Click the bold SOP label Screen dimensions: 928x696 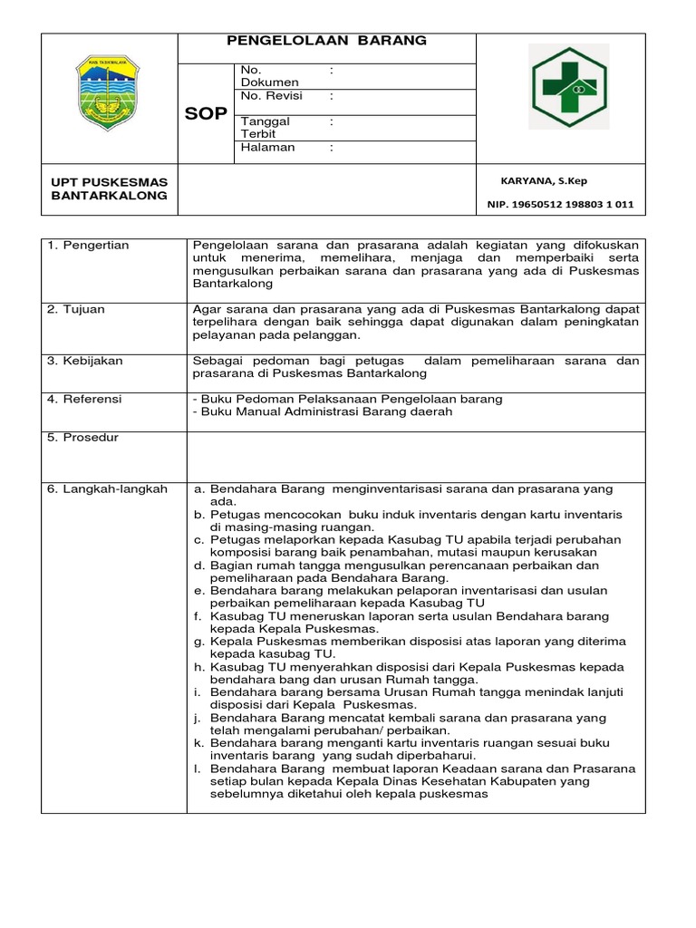tap(206, 114)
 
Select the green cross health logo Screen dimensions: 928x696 tap(560, 90)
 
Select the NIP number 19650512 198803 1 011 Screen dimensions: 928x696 tap(560, 206)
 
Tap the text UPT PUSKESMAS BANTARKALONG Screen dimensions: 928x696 tap(109, 189)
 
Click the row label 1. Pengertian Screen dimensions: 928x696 tap(88, 246)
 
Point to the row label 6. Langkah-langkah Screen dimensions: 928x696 tap(107, 489)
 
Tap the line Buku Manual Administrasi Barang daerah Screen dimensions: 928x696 tap(322, 412)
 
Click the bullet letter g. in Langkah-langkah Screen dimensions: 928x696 tap(198, 642)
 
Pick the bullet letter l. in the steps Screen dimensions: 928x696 tap(197, 768)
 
